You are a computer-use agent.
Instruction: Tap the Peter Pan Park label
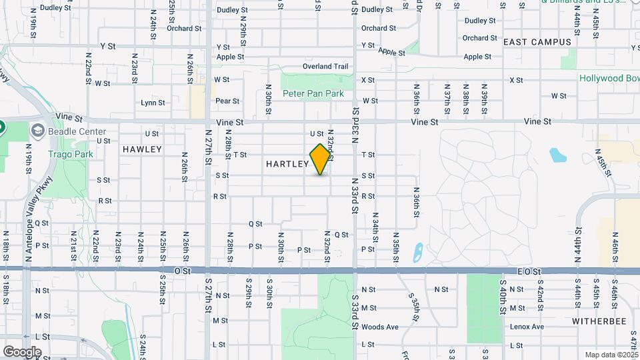(x=313, y=94)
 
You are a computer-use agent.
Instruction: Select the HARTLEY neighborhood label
(x=287, y=164)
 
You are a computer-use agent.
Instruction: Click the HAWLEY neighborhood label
(x=142, y=149)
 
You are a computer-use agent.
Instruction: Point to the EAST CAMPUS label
(x=537, y=42)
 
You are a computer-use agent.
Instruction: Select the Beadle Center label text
(x=83, y=131)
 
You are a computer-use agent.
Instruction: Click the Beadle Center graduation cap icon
(x=37, y=129)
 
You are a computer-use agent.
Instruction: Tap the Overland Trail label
(x=325, y=67)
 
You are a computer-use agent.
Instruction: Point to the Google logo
(x=21, y=352)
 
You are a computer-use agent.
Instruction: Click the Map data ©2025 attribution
(x=611, y=355)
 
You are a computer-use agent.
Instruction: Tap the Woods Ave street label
(x=379, y=327)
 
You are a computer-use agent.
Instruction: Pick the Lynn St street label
(x=153, y=103)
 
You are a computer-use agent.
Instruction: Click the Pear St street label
(x=227, y=101)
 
